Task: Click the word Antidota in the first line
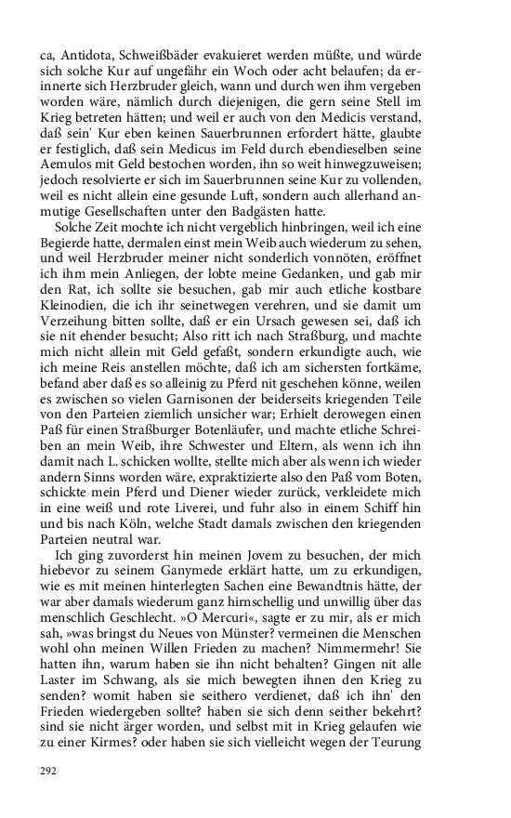coord(81,55)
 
